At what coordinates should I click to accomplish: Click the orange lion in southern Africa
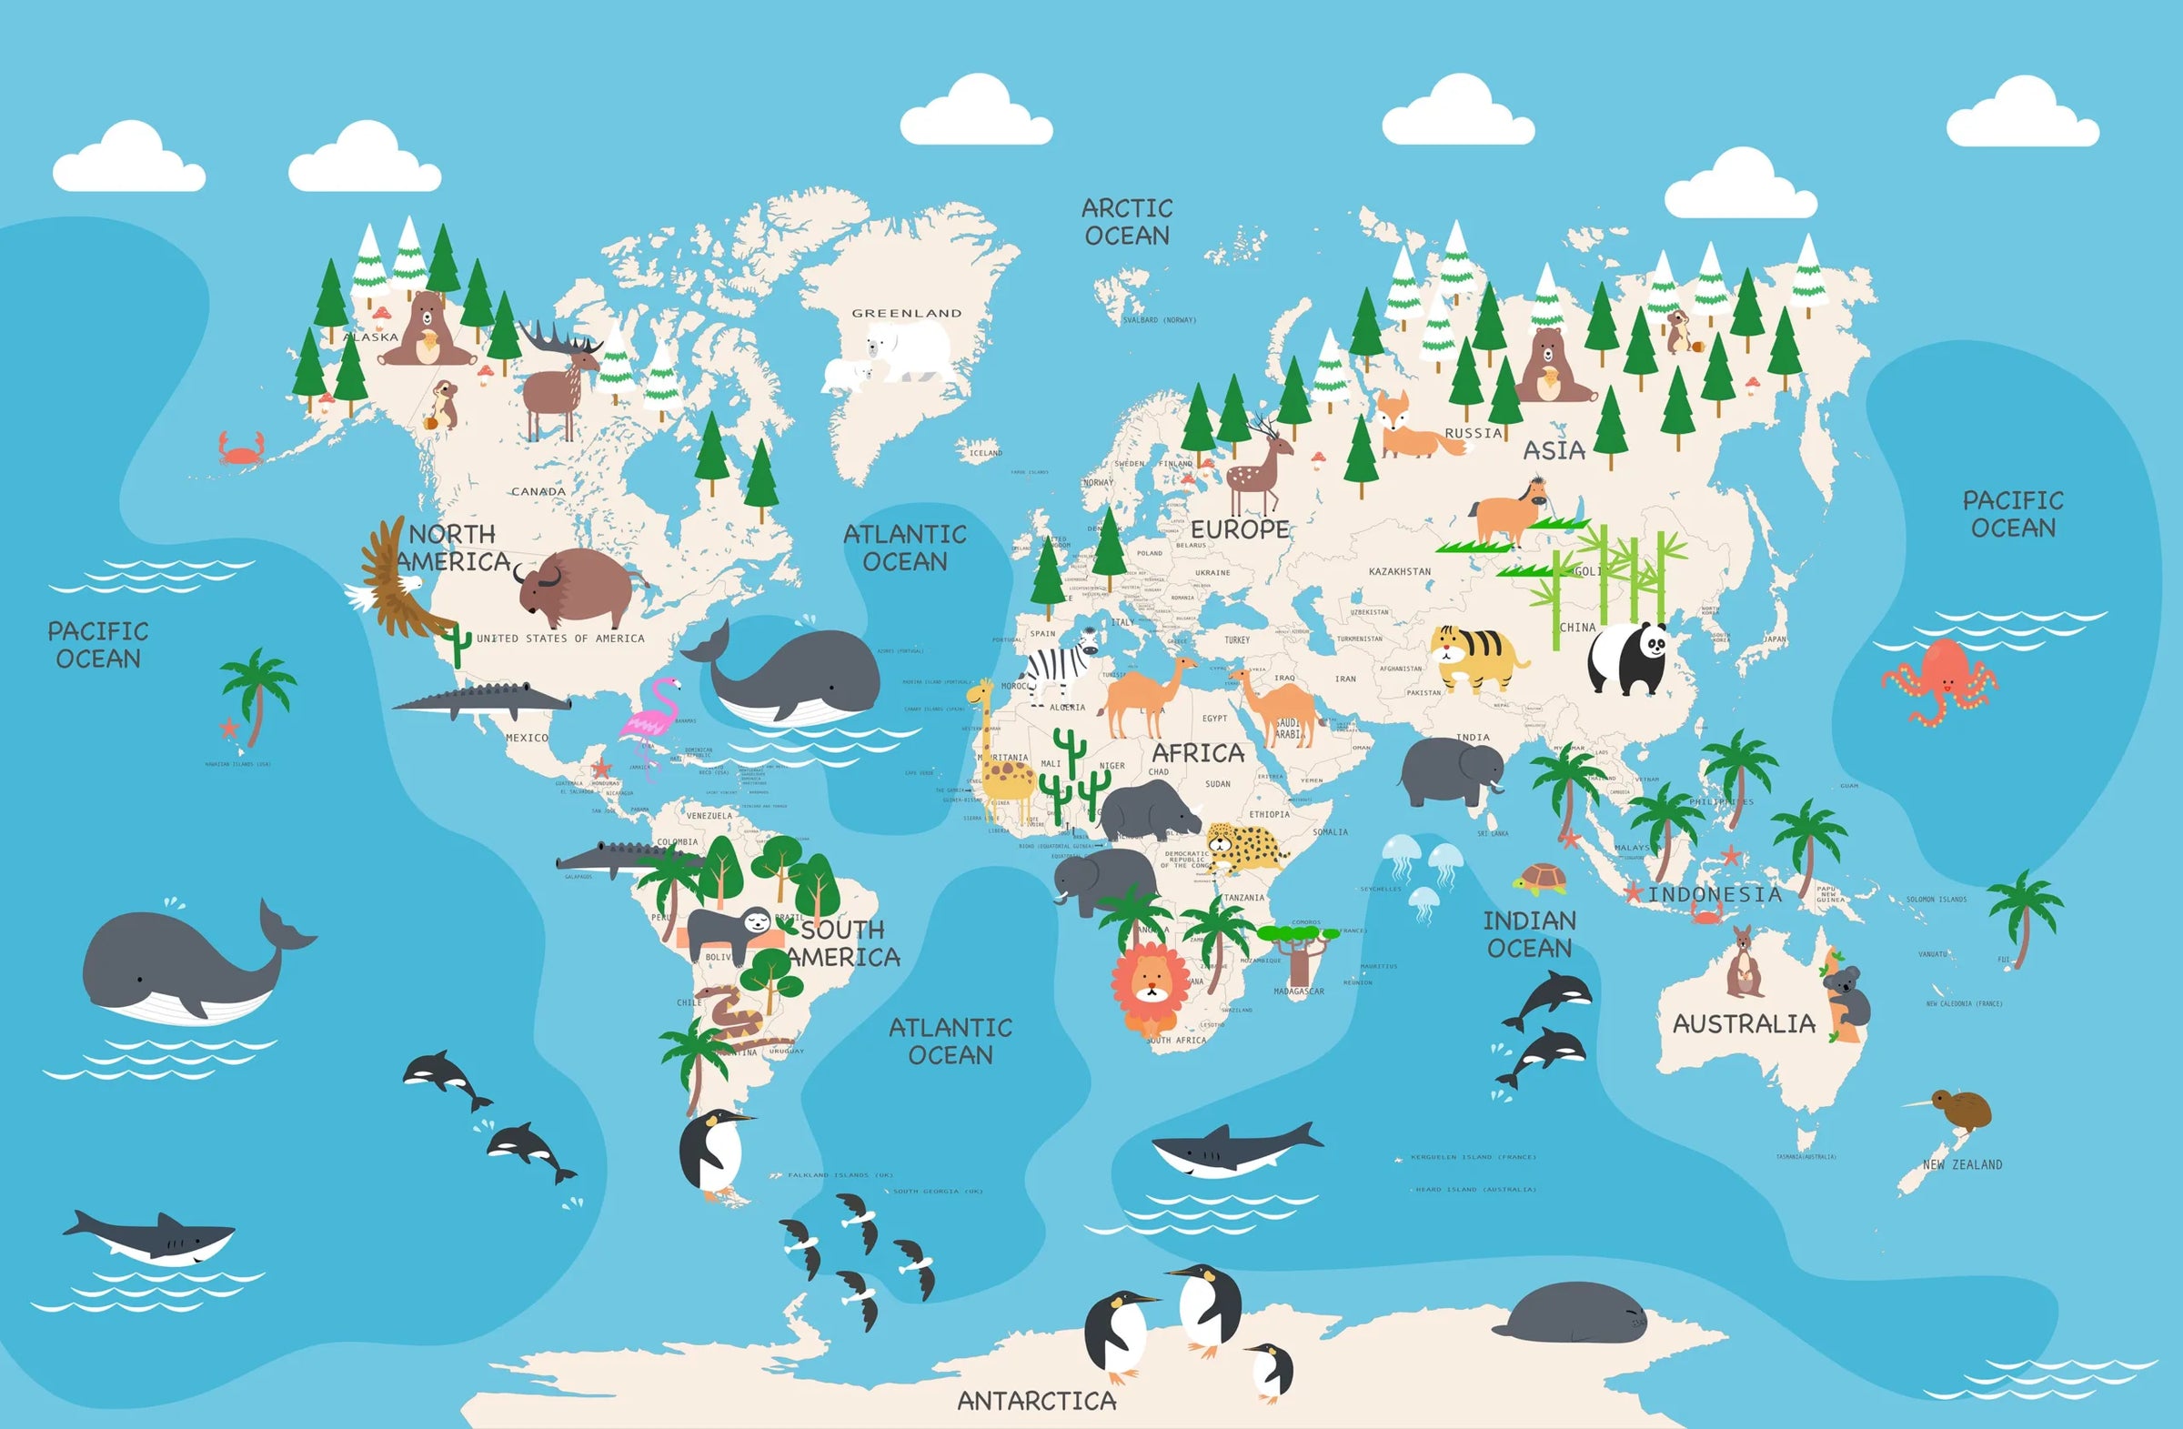pyautogui.click(x=1151, y=990)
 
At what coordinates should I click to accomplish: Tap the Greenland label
pyautogui.click(x=906, y=313)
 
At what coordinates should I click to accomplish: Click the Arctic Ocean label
pyautogui.click(x=1127, y=222)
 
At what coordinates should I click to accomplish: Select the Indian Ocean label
pyautogui.click(x=1529, y=933)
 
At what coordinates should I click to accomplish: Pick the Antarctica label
pyautogui.click(x=1036, y=1401)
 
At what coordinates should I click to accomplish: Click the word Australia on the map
pyautogui.click(x=1744, y=1023)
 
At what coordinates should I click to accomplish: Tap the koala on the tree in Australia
pyautogui.click(x=1846, y=994)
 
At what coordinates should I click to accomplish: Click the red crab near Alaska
pyautogui.click(x=241, y=448)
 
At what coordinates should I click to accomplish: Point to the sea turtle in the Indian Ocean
pyautogui.click(x=1541, y=878)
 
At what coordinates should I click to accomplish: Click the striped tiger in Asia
pyautogui.click(x=1475, y=657)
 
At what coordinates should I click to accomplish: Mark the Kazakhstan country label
pyautogui.click(x=1399, y=571)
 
